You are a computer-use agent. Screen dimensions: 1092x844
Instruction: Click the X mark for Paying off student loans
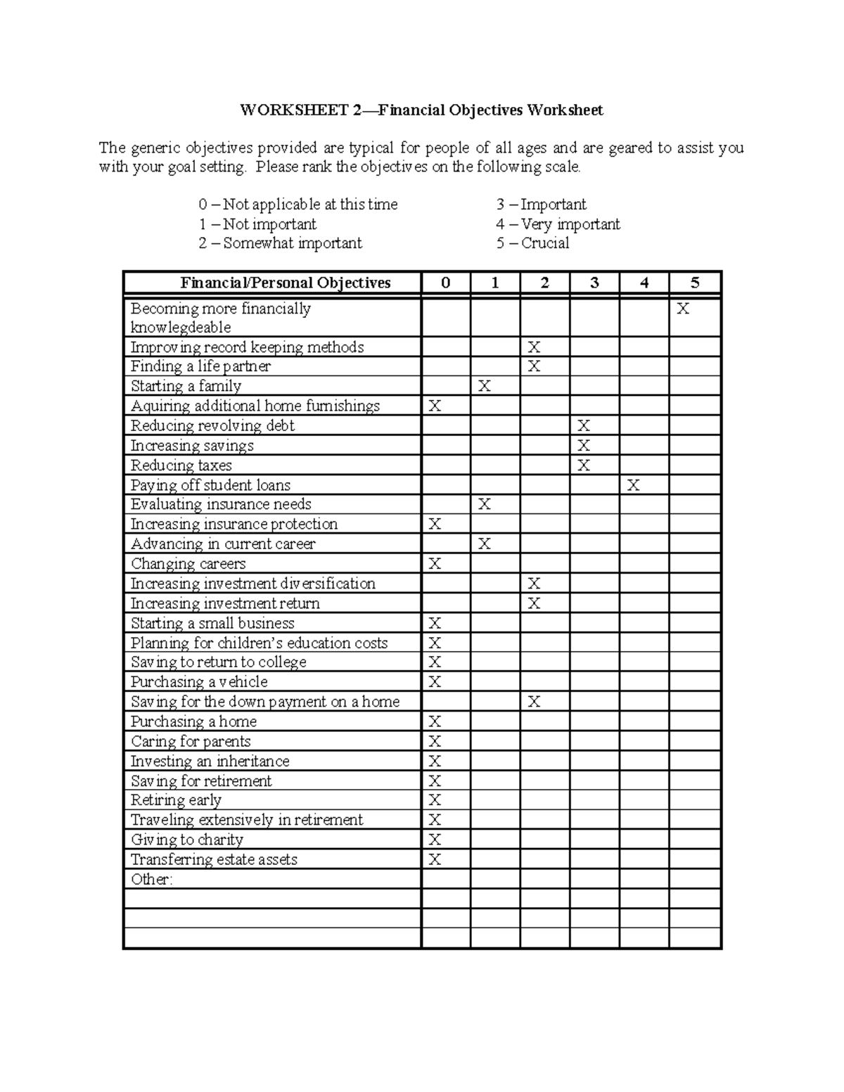point(633,485)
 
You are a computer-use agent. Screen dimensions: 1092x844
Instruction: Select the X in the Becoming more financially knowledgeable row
point(682,309)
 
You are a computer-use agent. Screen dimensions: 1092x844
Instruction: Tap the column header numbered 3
point(594,283)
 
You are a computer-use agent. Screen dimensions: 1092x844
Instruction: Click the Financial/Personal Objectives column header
point(285,283)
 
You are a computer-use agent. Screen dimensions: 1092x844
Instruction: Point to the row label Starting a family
point(186,386)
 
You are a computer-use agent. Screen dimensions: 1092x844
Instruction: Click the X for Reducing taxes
point(584,465)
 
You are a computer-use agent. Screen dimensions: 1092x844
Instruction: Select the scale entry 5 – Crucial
point(532,243)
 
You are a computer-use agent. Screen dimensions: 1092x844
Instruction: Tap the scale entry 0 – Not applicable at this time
point(298,205)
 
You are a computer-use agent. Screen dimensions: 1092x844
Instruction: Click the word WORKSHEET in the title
point(293,110)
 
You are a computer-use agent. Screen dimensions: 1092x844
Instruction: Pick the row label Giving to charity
point(186,840)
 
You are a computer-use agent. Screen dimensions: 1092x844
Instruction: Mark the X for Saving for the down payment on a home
point(535,702)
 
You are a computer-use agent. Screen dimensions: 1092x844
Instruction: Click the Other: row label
point(151,880)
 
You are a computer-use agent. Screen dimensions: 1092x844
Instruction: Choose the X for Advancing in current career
point(484,544)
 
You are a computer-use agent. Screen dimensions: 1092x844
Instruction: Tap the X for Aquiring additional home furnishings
point(435,406)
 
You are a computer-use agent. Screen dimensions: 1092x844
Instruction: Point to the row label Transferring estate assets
point(214,859)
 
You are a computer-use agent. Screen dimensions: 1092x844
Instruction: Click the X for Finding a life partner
point(535,366)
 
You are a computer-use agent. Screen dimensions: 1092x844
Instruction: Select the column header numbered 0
point(445,283)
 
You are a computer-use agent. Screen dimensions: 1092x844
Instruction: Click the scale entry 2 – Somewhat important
point(280,243)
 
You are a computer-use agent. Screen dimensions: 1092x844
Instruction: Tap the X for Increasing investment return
point(535,603)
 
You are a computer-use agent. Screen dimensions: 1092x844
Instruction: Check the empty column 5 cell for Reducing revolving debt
point(695,426)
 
